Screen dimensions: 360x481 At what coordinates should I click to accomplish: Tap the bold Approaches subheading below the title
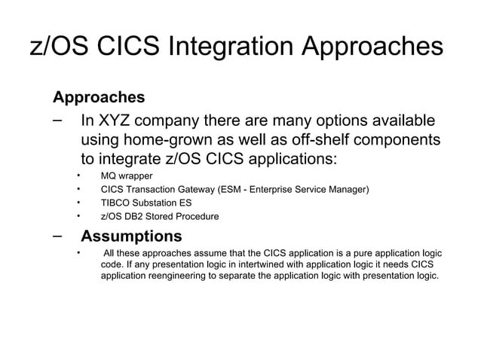pyautogui.click(x=98, y=98)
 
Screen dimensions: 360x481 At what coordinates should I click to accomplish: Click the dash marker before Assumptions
pyautogui.click(x=57, y=236)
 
